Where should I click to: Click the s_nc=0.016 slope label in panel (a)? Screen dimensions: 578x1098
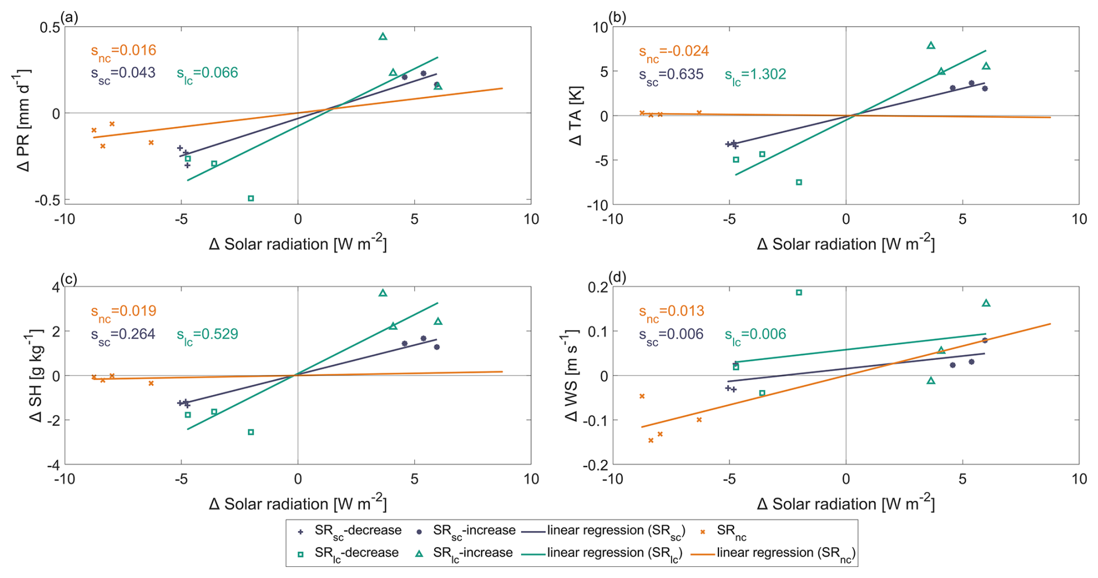point(124,51)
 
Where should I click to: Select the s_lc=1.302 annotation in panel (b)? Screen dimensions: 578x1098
point(755,75)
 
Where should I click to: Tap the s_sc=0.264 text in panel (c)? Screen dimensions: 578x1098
point(123,335)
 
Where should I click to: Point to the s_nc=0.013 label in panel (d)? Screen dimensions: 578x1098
point(671,312)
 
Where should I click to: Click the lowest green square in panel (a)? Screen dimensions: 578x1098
point(251,198)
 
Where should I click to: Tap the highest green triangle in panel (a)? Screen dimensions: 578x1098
point(383,37)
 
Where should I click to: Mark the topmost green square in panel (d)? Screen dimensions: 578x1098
point(799,292)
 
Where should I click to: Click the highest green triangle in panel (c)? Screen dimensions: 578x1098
point(383,293)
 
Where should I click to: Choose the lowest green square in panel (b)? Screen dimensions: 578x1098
point(799,182)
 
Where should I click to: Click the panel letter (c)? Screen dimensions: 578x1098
point(69,279)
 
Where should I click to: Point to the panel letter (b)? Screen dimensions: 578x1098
point(617,17)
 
